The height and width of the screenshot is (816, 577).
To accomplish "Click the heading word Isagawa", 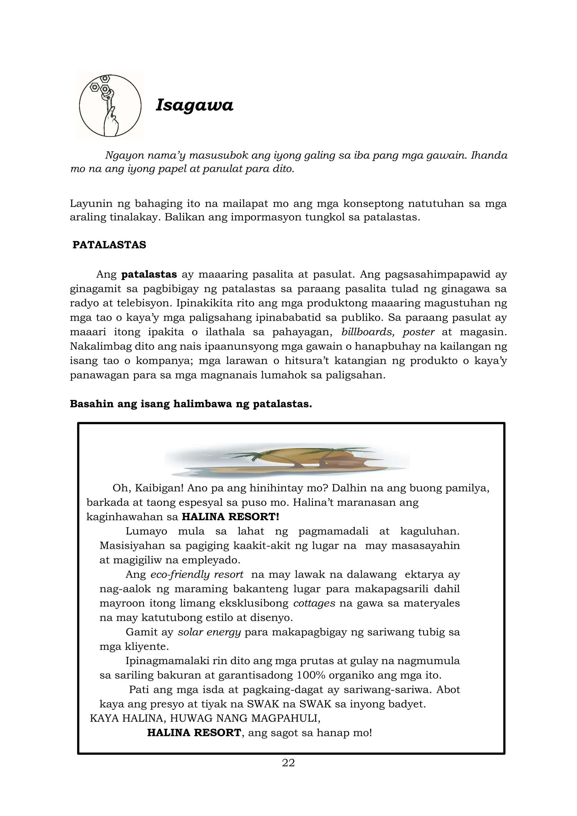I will (x=194, y=105).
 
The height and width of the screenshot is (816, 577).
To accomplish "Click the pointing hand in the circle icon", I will (x=112, y=123).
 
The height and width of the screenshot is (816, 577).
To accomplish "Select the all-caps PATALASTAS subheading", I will (x=109, y=245).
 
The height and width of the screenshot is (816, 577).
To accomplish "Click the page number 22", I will (x=288, y=763).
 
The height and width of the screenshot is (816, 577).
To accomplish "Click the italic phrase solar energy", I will (x=209, y=632).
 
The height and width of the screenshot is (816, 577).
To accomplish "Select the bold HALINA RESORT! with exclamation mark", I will (x=230, y=517).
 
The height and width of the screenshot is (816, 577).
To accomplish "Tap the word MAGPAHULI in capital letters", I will (x=285, y=718).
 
